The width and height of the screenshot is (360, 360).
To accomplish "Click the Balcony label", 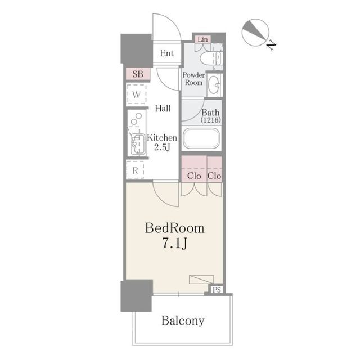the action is pyautogui.click(x=183, y=321).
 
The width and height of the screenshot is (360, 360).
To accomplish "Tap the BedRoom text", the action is pyautogui.click(x=175, y=228).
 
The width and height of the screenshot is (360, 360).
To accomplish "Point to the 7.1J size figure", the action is pyautogui.click(x=175, y=243).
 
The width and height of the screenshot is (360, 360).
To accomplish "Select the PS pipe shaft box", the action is pyautogui.click(x=217, y=290).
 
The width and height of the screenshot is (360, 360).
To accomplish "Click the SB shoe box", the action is pyautogui.click(x=138, y=74).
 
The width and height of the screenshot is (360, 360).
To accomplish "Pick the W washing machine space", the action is pyautogui.click(x=136, y=94).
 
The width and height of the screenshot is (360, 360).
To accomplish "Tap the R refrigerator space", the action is pyautogui.click(x=135, y=170).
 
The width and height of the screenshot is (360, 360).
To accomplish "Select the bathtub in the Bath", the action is pyautogui.click(x=201, y=138).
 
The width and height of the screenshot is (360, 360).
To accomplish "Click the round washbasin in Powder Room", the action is pyautogui.click(x=214, y=85).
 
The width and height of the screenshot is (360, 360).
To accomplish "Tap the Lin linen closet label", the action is pyautogui.click(x=202, y=39).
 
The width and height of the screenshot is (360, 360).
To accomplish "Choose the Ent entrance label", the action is pyautogui.click(x=167, y=53).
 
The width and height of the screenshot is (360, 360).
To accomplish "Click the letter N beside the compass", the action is pyautogui.click(x=271, y=45).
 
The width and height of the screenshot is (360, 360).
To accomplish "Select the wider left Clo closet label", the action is pyautogui.click(x=194, y=176).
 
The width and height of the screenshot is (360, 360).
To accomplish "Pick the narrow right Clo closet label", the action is pyautogui.click(x=214, y=176).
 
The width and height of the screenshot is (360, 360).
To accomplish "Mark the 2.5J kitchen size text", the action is pyautogui.click(x=162, y=147).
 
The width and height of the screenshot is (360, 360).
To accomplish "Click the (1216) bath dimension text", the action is pyautogui.click(x=211, y=120).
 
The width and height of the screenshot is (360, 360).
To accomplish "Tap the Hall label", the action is pyautogui.click(x=163, y=108).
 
